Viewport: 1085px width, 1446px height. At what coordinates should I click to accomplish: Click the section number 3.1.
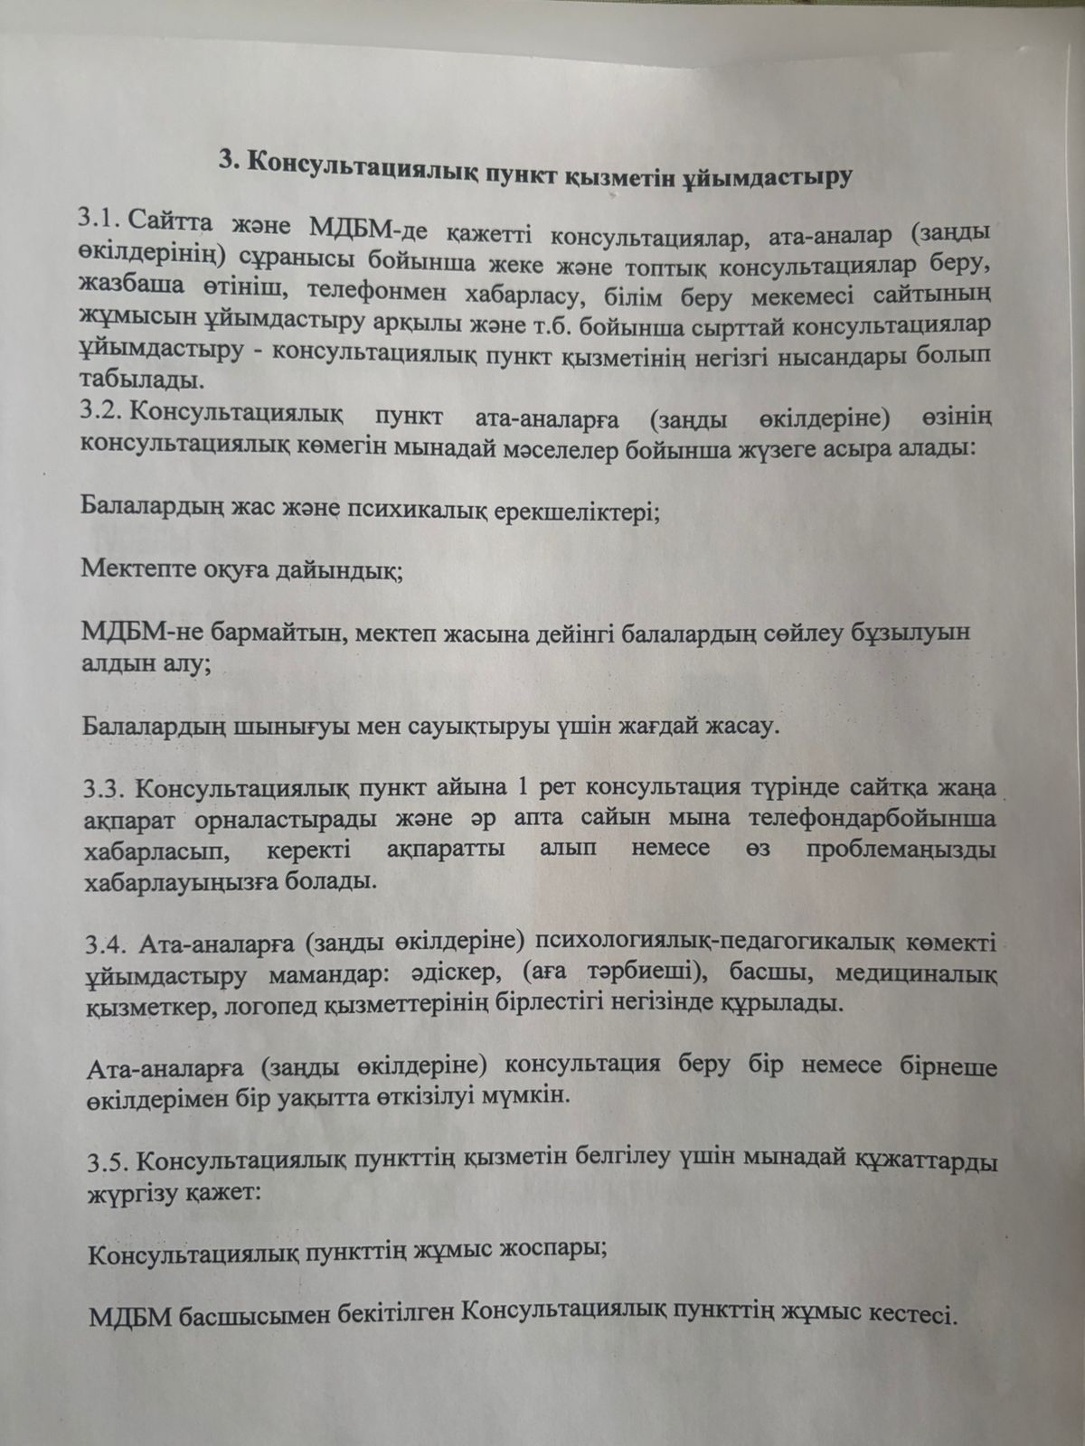[99, 220]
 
